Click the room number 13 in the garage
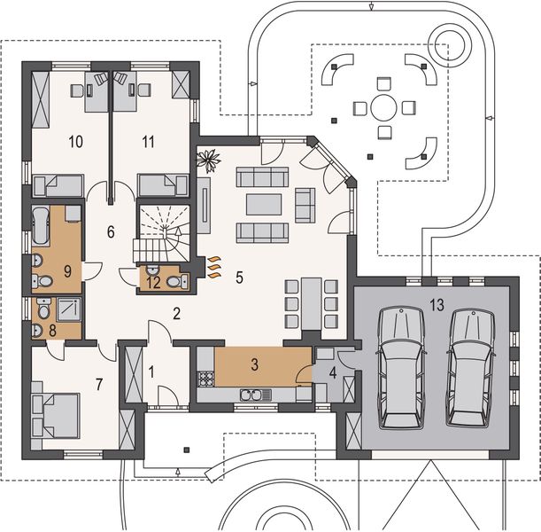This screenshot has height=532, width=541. coord(436,305)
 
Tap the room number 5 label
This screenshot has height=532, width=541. coord(240,276)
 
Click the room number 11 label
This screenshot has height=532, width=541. coord(148,140)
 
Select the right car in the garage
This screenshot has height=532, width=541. coord(468,366)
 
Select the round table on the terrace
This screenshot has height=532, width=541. coord(384,108)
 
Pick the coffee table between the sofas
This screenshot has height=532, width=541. coord(264,205)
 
